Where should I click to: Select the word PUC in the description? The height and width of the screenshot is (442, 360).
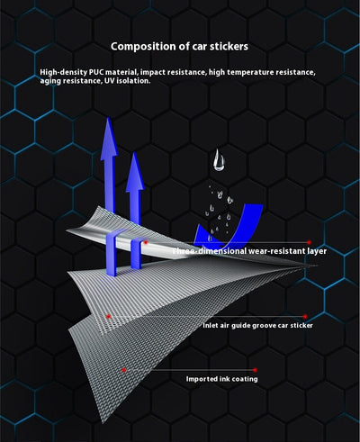[x=96, y=72]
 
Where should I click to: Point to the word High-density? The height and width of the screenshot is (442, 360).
[x=64, y=73]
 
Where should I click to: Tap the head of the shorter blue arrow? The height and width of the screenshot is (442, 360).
[x=135, y=172]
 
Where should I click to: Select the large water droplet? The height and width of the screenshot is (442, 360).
[x=219, y=161]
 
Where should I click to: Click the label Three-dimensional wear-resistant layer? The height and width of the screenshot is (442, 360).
[x=249, y=251]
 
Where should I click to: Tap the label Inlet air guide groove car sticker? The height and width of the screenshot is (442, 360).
[x=257, y=326]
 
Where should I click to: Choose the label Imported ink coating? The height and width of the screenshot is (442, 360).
[x=221, y=379]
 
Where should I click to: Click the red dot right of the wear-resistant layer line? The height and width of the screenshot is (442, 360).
[x=309, y=242]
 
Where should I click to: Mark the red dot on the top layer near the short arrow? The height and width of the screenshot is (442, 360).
[x=146, y=242]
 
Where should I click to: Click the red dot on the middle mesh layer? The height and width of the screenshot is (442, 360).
[x=109, y=316]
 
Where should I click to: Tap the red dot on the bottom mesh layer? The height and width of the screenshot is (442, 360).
[x=123, y=370]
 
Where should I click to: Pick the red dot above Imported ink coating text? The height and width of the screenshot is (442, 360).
[x=255, y=370]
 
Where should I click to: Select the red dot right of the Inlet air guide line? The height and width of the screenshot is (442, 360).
[x=305, y=316]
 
